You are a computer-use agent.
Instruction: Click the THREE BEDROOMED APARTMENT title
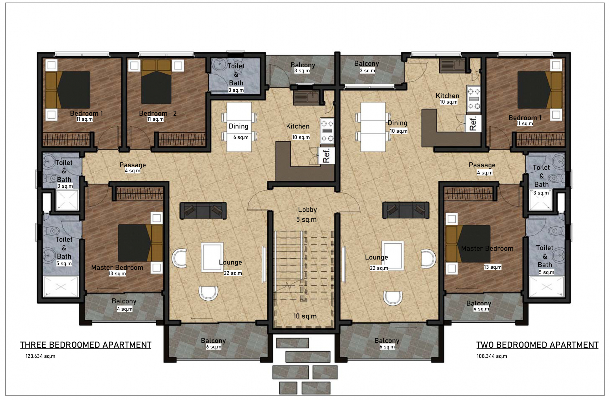[x=86, y=345]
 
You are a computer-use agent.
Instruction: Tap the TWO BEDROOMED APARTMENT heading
[x=537, y=345]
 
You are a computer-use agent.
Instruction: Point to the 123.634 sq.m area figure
[x=40, y=356]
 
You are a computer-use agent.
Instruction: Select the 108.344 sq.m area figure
[x=492, y=356]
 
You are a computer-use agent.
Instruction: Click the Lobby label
[x=307, y=210]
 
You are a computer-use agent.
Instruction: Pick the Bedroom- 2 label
[x=158, y=113]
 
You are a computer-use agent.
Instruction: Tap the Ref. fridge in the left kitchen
[x=326, y=156]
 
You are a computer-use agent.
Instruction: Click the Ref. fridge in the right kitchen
[x=473, y=123]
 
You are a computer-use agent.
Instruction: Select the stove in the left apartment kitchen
[x=327, y=131]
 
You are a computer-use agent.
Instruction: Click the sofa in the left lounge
[x=203, y=211]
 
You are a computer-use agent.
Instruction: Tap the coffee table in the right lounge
[x=393, y=256]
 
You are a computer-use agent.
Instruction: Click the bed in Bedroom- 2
[x=156, y=82]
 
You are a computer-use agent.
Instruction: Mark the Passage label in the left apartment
[x=132, y=165]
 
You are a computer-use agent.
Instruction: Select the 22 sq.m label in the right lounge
[x=379, y=268]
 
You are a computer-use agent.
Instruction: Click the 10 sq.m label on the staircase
[x=305, y=316]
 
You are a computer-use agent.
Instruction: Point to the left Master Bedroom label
[x=117, y=268]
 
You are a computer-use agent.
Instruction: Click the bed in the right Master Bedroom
[x=468, y=244]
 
